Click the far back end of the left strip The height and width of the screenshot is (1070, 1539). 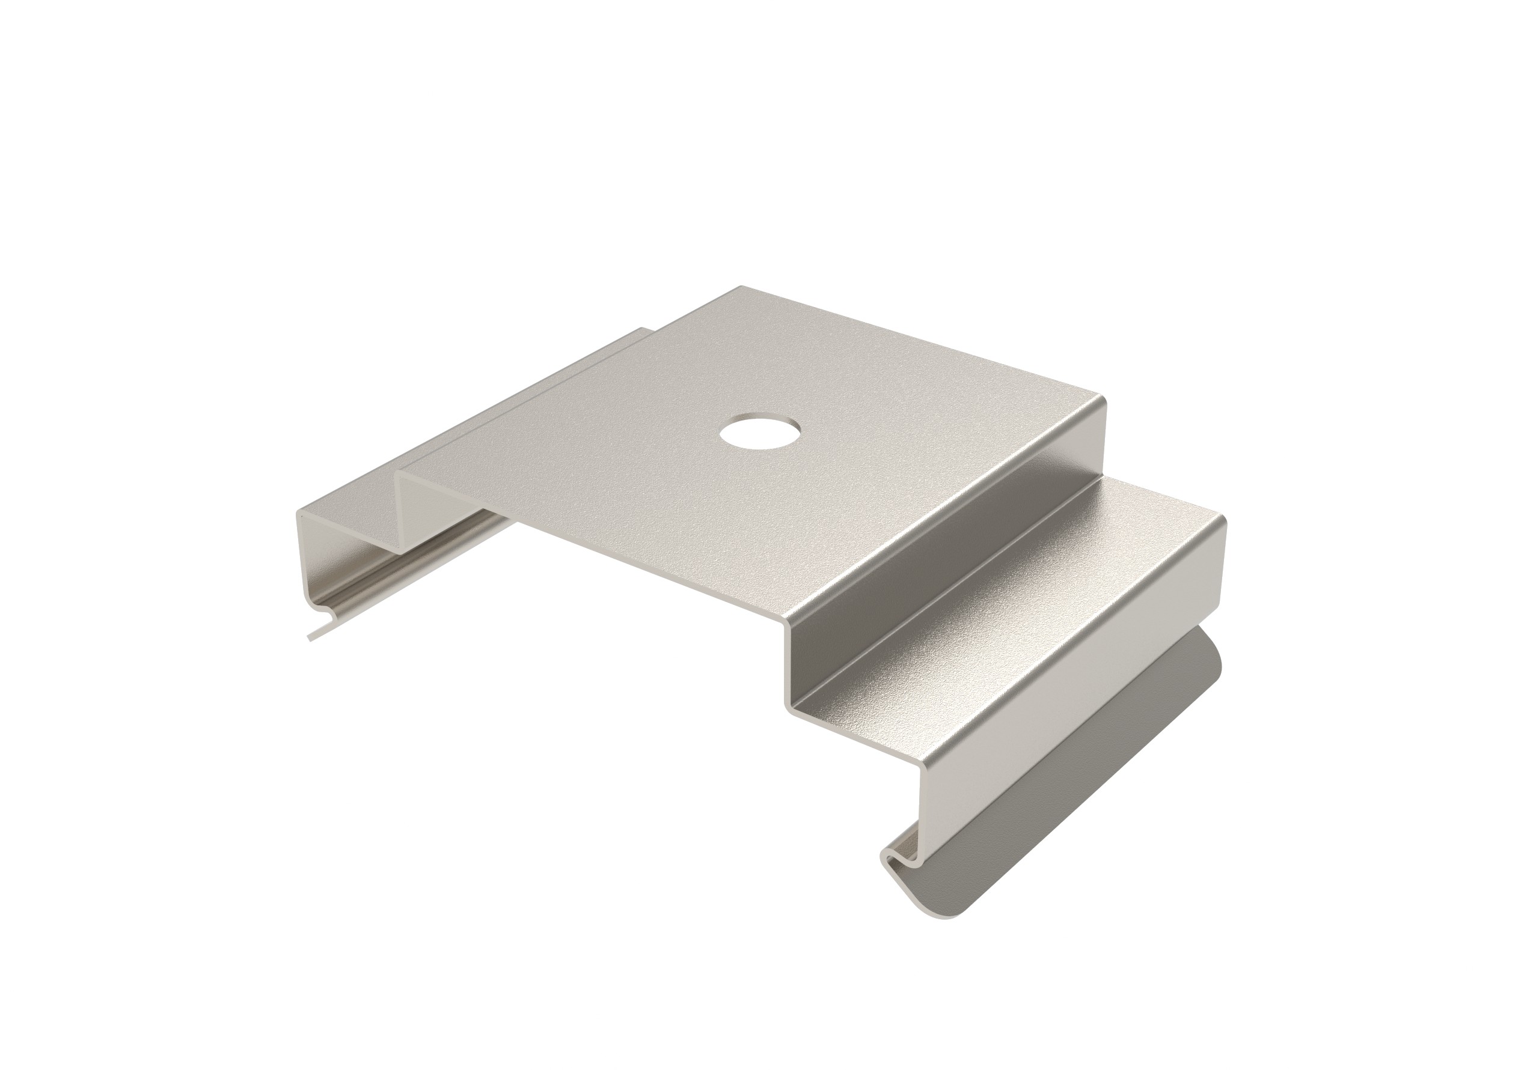[643, 330]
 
